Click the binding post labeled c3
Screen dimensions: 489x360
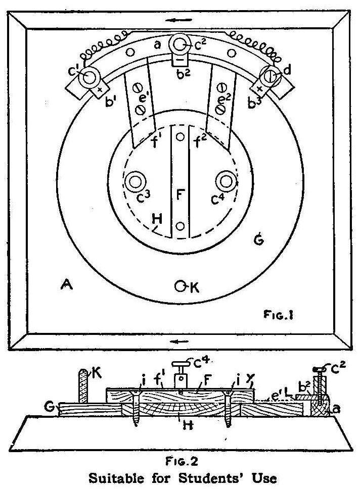point(134,180)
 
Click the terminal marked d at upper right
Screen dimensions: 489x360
point(269,77)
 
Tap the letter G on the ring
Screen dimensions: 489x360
point(257,243)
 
